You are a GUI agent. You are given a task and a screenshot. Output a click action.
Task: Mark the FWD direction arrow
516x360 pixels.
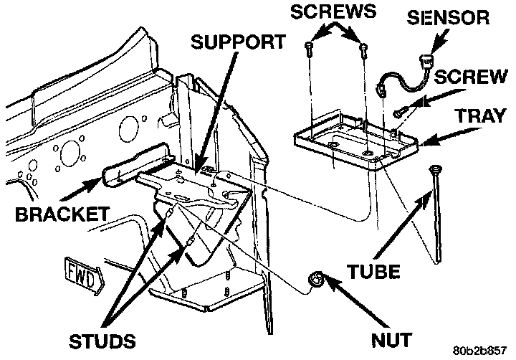click(x=81, y=274)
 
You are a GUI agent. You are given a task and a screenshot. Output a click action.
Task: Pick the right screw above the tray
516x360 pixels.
click(x=365, y=49)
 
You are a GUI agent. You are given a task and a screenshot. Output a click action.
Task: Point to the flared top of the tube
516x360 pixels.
click(x=434, y=169)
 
